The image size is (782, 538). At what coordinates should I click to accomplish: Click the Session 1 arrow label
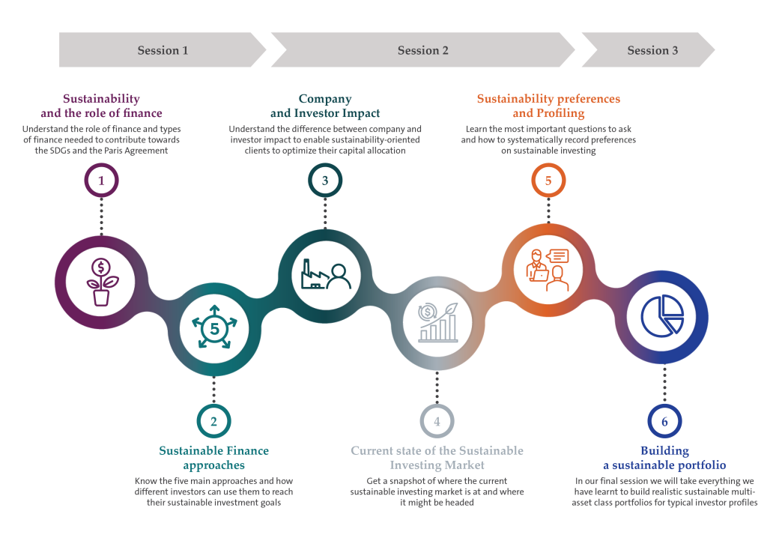[163, 50]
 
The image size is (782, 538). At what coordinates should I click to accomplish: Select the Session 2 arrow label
[423, 50]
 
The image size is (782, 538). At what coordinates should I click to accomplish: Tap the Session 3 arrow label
[652, 50]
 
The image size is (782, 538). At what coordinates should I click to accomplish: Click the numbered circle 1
[102, 181]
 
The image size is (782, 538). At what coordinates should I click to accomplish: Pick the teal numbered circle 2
[213, 421]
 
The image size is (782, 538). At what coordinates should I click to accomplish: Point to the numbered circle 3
[325, 181]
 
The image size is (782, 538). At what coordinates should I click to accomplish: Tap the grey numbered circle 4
[437, 421]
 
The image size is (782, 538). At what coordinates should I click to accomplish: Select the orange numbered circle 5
[548, 181]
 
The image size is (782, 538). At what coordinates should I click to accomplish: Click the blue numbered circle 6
[664, 421]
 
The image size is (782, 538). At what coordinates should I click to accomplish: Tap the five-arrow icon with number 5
[214, 327]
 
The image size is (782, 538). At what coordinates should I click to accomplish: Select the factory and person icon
[325, 276]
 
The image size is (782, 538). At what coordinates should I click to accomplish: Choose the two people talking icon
[548, 270]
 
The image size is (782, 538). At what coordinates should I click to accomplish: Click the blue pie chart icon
[661, 315]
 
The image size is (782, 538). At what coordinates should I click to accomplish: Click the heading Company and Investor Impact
[325, 106]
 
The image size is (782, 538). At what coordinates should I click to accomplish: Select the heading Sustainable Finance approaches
[213, 457]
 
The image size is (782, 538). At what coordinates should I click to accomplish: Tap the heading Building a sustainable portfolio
[664, 457]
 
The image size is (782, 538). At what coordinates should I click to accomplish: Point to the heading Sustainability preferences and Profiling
[548, 106]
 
